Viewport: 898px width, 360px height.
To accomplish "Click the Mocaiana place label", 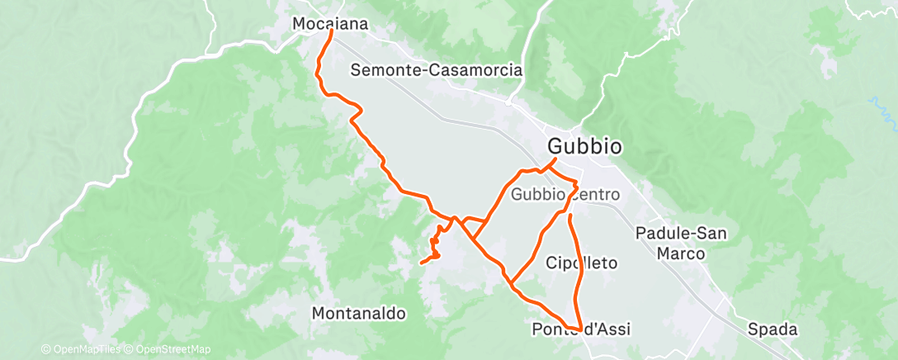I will tap(330, 25).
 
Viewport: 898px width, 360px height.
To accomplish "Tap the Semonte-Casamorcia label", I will tap(437, 70).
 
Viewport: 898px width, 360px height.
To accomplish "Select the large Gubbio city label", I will tap(584, 147).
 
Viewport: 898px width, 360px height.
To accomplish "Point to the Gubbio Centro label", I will tap(565, 195).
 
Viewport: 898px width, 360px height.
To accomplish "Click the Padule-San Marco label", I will tap(681, 243).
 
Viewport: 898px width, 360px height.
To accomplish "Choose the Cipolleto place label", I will tap(582, 263).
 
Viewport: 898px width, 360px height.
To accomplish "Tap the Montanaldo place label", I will tap(359, 314).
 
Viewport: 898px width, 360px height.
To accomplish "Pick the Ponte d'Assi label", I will tap(581, 330).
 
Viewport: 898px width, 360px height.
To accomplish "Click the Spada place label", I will tap(773, 330).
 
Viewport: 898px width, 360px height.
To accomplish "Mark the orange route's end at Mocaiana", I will tap(332, 32).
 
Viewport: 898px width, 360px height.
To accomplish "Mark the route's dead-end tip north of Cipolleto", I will tap(570, 215).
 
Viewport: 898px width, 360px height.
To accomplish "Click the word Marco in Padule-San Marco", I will tap(681, 253).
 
